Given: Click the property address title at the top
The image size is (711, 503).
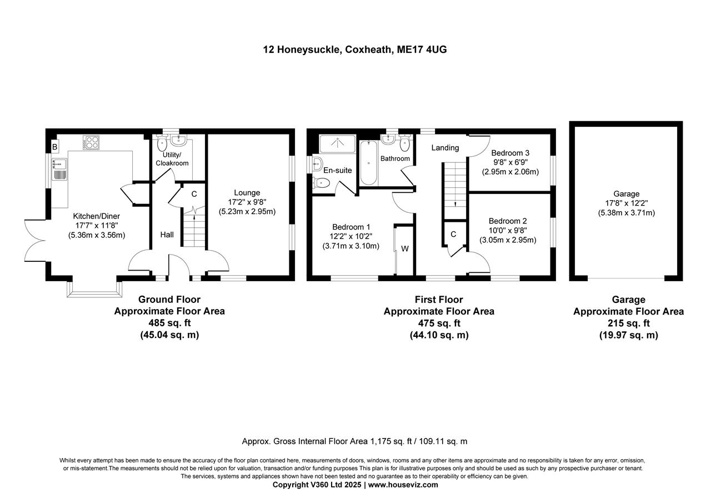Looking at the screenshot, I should point(355,49).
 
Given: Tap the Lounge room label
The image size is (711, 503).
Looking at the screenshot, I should point(247,193).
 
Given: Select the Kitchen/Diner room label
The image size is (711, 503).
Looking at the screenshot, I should point(97,216).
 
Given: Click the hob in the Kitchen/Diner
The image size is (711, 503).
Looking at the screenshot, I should point(91,142).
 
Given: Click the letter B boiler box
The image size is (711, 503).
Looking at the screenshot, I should point(54,147).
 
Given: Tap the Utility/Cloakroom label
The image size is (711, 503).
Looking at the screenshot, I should point(176,159).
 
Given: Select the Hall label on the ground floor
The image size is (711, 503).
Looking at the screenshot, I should point(167,235).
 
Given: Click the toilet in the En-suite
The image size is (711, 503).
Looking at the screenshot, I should point(322,183).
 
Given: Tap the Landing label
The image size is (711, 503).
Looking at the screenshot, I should point(445,147).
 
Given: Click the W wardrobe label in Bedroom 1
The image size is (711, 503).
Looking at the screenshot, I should point(404,248).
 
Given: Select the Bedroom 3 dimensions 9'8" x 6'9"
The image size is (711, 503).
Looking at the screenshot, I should point(510,162).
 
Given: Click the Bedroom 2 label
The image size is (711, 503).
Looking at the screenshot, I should point(508,221).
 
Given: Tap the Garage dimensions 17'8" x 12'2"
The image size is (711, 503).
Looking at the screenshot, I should point(626,203).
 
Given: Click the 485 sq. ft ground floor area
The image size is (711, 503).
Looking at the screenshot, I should point(169,323).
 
